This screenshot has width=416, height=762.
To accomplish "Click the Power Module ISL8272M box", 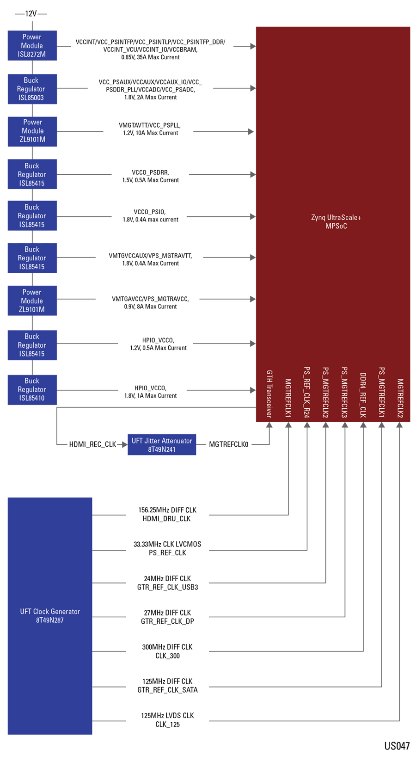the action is [32, 46].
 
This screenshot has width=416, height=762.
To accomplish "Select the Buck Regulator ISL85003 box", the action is [32, 89].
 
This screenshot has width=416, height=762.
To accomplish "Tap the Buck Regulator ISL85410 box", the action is [32, 389].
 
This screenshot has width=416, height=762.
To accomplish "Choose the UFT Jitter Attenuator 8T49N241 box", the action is [162, 445].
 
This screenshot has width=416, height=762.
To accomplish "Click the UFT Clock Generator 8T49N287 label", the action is [50, 616].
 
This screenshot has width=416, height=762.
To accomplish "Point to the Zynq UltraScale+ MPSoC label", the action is [336, 222].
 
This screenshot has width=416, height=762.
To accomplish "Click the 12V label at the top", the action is [31, 13].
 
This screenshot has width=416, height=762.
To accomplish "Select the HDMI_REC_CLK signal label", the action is [92, 445].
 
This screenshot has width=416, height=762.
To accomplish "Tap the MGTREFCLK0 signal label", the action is [229, 445].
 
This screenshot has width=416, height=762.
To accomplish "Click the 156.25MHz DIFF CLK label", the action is [167, 510].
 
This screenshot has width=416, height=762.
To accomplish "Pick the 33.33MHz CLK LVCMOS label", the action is [167, 544].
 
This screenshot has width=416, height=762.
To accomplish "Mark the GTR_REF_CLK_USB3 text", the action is [167, 588].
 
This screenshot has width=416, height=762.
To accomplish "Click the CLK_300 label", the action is [167, 656].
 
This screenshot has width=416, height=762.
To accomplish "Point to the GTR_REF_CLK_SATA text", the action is [167, 690].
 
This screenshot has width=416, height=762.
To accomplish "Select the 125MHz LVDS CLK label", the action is [167, 716].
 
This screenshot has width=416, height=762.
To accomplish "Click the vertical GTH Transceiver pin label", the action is [269, 394].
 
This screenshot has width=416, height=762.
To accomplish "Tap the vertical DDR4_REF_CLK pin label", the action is [363, 395].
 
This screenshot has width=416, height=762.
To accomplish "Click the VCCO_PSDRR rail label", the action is [150, 172].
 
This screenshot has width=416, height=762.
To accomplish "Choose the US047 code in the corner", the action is [397, 746].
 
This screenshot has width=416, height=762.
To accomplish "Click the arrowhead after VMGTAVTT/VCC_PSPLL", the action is [251, 132].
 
